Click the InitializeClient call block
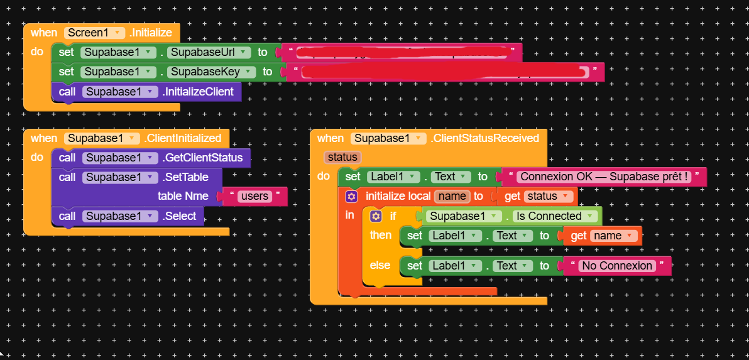click(199, 92)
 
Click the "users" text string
click(254, 196)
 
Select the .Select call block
click(180, 216)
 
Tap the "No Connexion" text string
click(617, 266)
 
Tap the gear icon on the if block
click(376, 216)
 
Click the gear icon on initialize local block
click(351, 197)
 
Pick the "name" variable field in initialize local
click(452, 197)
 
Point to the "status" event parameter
click(342, 157)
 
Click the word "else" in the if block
click(380, 265)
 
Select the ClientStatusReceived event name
click(484, 138)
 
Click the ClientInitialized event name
click(183, 138)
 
